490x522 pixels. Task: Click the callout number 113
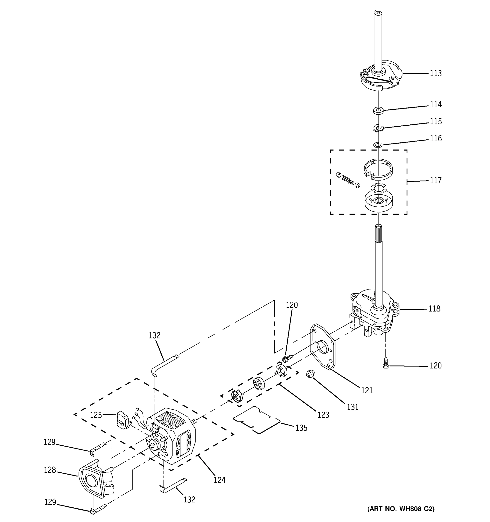436,74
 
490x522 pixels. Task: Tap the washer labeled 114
378,110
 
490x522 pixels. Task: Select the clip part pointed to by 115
378,128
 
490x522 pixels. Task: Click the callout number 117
436,181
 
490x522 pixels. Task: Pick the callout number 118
434,309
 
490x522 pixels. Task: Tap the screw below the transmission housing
386,363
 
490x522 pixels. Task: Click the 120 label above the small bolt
292,305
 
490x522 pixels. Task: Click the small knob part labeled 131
310,374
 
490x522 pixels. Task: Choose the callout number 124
220,480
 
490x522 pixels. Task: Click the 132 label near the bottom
189,499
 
